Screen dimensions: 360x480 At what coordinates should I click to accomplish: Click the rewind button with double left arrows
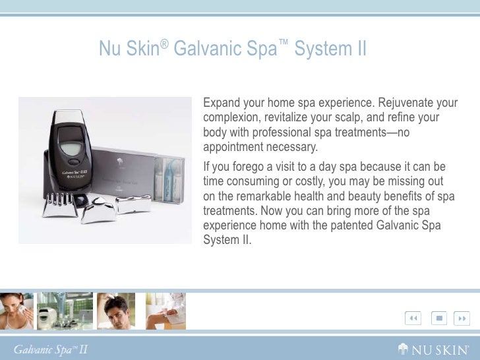[413, 318]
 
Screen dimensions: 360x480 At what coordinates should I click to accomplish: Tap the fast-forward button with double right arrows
[463, 318]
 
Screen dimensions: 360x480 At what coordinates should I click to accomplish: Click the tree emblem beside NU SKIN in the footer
[403, 348]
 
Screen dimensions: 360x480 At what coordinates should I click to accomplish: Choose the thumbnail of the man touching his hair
[115, 311]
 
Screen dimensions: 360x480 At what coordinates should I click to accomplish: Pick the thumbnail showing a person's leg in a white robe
[165, 311]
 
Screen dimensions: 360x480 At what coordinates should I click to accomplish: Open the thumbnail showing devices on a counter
[65, 311]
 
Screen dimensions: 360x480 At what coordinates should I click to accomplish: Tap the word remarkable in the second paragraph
[266, 196]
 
